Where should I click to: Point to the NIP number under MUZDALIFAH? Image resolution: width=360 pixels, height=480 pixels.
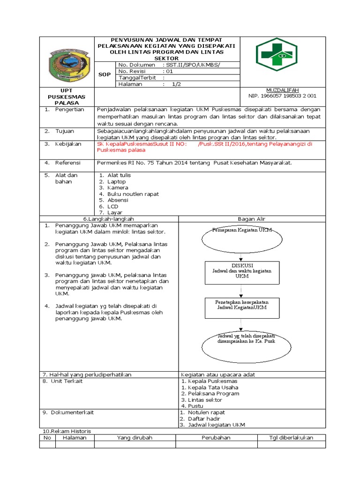(282, 96)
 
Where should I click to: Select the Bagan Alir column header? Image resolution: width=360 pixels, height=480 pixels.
(252, 219)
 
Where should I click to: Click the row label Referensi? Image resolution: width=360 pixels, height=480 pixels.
(68, 163)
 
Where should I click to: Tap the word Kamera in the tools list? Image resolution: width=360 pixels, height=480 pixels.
(118, 187)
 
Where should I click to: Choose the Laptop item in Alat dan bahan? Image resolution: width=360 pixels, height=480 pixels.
(117, 181)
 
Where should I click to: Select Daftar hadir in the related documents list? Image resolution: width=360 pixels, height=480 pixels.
(204, 419)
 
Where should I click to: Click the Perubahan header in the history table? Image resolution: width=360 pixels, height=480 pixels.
(216, 438)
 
